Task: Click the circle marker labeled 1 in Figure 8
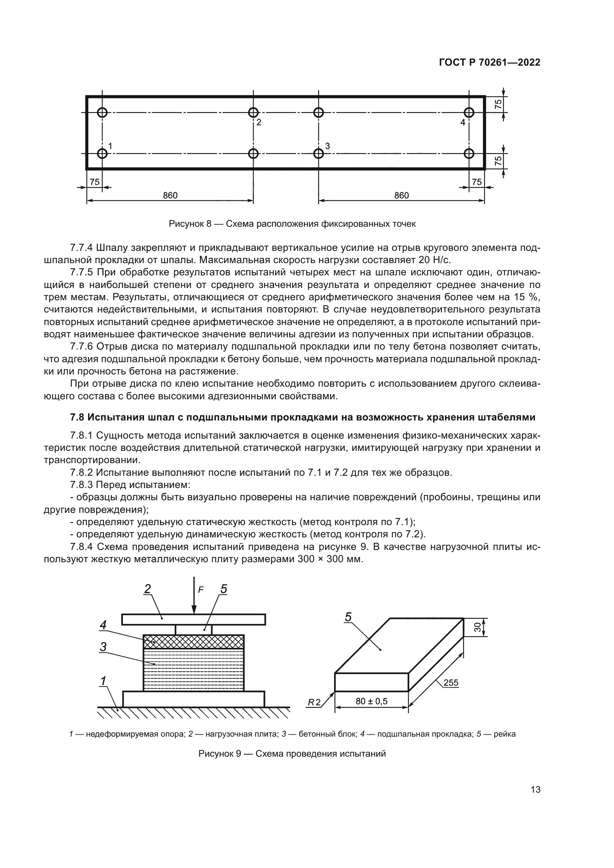(x=102, y=154)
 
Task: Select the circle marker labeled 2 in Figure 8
(x=253, y=112)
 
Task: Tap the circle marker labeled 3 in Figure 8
(x=319, y=154)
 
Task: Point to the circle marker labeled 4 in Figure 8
(x=469, y=112)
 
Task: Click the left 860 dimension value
(x=170, y=196)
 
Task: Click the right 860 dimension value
(x=401, y=196)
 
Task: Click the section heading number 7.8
(x=78, y=417)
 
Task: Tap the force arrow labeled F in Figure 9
(x=194, y=595)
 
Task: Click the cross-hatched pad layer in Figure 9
(x=193, y=642)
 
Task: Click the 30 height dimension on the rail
(x=477, y=627)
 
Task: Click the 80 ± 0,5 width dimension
(x=371, y=701)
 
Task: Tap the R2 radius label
(x=314, y=702)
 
